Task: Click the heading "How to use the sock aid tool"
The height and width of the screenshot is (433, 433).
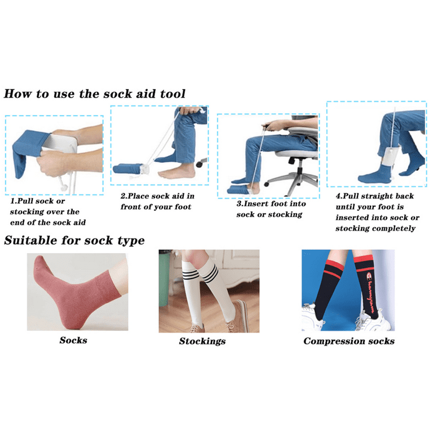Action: coord(95,94)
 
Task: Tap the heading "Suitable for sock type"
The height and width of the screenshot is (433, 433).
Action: coord(74,240)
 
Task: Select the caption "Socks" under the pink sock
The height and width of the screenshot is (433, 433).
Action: coord(73,340)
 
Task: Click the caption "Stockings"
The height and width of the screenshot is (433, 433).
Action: coord(202,341)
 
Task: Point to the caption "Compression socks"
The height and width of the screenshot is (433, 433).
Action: coord(349,341)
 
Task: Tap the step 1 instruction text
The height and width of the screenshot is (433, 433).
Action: coord(48,212)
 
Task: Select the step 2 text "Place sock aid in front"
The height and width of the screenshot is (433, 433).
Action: coord(157,201)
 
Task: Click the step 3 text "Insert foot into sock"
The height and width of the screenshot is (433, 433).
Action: coord(271,209)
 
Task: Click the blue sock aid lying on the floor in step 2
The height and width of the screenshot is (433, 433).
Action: coord(128,169)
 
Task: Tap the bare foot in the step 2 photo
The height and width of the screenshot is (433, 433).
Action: coord(176,172)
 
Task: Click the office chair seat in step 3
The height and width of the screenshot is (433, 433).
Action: coord(297,155)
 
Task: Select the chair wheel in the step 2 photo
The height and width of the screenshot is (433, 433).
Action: coord(199,164)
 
